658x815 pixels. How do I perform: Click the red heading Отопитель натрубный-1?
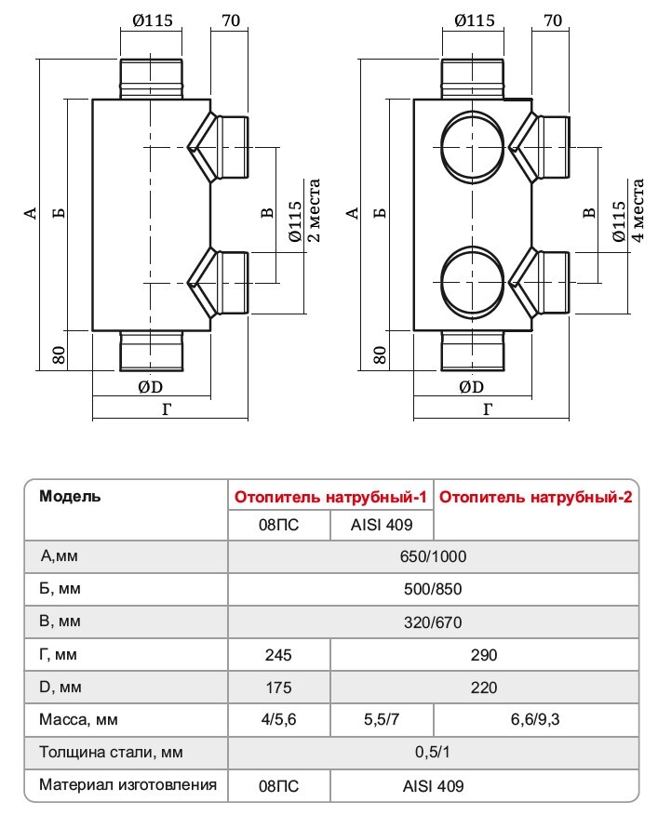330,498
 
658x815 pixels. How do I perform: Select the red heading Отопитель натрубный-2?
536,498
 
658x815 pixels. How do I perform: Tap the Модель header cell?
70,496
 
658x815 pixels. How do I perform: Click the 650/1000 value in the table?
433,556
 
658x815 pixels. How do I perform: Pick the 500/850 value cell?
433,590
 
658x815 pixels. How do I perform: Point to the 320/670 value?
433,622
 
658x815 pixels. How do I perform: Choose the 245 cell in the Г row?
278,655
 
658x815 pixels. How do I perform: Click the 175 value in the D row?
278,688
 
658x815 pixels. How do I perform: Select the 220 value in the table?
484,688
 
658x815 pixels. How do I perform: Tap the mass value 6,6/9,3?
535,720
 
